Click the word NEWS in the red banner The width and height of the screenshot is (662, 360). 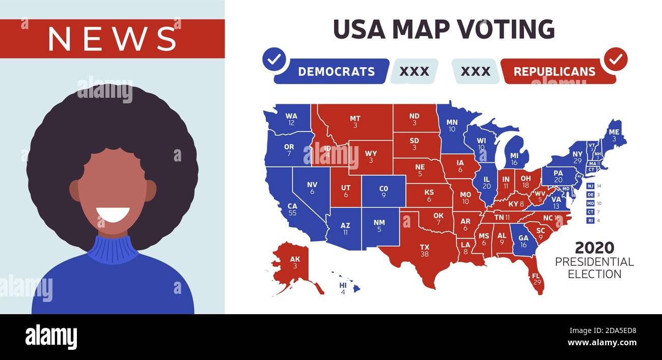(112, 38)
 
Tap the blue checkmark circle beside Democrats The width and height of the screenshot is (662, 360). (274, 60)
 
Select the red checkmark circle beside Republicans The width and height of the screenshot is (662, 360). (615, 60)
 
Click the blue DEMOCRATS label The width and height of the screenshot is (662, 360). (336, 71)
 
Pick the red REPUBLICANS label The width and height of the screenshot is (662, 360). (554, 71)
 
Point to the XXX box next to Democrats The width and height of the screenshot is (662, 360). (414, 71)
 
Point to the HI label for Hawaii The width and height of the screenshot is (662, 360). (343, 286)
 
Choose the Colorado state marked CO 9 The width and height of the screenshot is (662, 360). (383, 191)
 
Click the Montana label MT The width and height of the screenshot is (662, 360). (355, 119)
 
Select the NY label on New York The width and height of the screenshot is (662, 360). (577, 154)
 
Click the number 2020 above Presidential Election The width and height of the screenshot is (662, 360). (594, 248)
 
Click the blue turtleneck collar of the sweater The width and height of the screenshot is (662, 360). (112, 248)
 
